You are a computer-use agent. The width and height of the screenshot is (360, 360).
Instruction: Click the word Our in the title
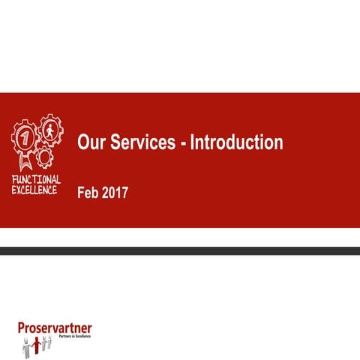[91, 142]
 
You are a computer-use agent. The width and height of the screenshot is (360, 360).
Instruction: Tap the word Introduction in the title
[236, 142]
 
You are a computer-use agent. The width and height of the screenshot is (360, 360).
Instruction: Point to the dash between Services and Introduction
[183, 144]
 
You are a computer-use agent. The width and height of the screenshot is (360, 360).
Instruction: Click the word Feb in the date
[88, 193]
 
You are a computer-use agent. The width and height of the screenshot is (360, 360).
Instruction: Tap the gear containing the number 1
[24, 138]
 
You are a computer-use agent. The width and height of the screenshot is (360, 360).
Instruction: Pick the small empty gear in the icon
[45, 156]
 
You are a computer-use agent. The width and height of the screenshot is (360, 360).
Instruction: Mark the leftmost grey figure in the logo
[25, 346]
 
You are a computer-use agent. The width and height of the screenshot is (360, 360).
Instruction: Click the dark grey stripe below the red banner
[180, 250]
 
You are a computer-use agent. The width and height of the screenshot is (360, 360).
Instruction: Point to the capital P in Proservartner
[22, 327]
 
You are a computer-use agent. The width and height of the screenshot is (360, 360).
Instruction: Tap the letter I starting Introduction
[192, 142]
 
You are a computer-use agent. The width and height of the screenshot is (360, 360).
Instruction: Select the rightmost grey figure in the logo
[50, 341]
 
